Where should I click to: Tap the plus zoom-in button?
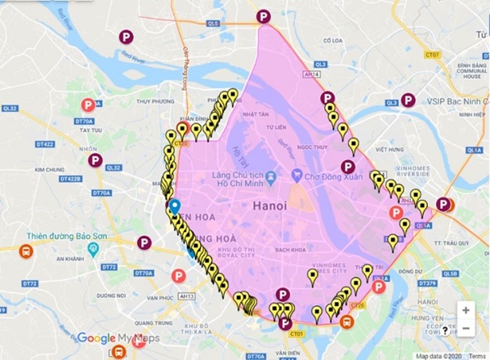(465, 310)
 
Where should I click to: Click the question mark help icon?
(445, 331)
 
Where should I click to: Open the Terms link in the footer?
(476, 355)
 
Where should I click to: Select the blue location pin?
(175, 207)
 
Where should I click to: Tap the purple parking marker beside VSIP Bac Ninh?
(409, 100)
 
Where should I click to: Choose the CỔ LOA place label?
(332, 40)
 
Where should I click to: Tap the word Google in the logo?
(96, 339)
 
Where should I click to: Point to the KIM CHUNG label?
(50, 170)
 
